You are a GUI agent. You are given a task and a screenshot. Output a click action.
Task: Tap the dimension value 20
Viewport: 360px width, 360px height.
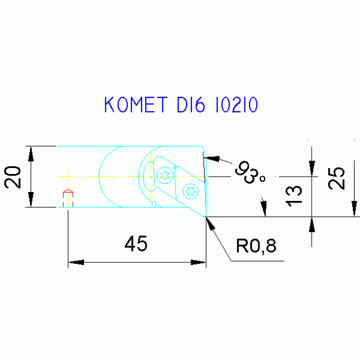[x=13, y=177]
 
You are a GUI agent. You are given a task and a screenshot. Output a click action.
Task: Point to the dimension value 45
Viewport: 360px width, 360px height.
[x=136, y=244]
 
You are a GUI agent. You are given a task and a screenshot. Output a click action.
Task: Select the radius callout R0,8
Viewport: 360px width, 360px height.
[x=256, y=245]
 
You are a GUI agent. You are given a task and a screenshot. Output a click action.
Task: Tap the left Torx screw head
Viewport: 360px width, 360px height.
[x=165, y=175]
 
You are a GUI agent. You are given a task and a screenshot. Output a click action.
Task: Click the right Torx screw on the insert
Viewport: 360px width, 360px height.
[x=191, y=191]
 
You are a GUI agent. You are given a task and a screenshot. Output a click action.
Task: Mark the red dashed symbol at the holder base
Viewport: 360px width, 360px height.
[x=68, y=198]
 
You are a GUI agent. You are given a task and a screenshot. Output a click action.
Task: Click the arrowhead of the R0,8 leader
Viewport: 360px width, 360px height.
[x=210, y=223]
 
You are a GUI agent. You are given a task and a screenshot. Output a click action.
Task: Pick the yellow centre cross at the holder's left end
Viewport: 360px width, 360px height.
[x=68, y=176]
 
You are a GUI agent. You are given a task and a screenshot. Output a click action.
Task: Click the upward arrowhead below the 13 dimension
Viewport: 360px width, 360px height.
[x=312, y=225]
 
